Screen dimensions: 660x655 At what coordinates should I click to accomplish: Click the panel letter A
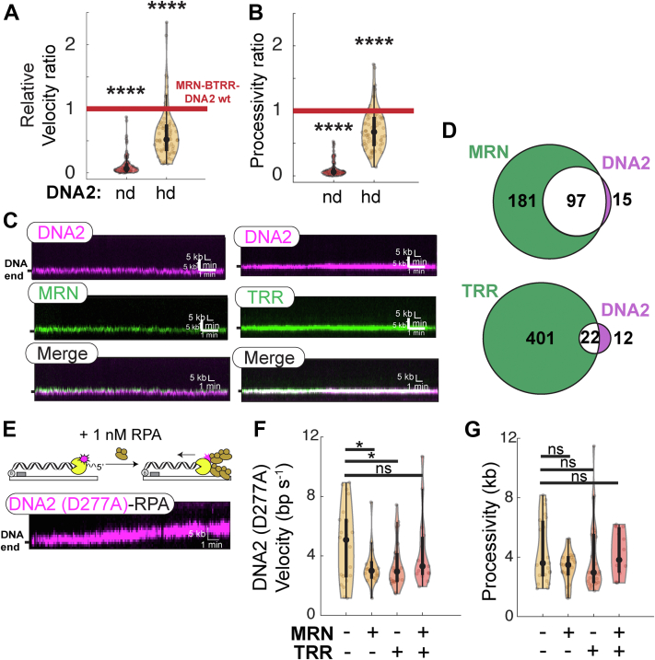(x=13, y=13)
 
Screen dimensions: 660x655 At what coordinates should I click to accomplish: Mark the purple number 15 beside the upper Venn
(x=625, y=201)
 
